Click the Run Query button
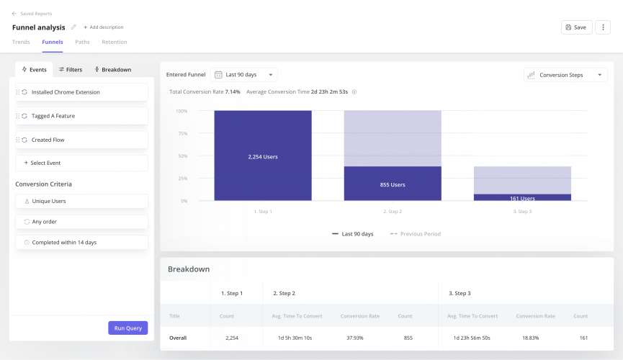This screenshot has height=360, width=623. [x=127, y=328]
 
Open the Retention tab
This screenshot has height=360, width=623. [x=114, y=42]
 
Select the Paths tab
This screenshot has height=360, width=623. [x=82, y=42]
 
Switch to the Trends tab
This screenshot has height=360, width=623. [x=21, y=42]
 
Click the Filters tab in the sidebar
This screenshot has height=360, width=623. [x=70, y=70]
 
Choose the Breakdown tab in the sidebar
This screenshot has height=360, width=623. [x=112, y=70]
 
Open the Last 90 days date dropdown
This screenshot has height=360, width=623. [x=244, y=74]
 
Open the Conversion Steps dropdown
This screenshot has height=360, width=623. [x=565, y=75]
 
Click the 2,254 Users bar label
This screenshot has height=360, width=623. [x=262, y=156]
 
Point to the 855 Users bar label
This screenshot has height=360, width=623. [x=393, y=185]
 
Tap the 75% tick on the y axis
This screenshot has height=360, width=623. [x=182, y=133]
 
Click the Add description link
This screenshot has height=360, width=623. [x=103, y=27]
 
